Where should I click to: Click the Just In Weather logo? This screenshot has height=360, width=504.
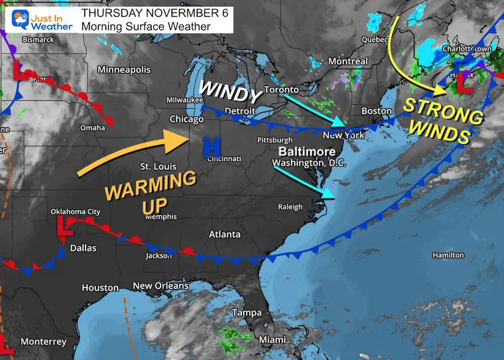38,18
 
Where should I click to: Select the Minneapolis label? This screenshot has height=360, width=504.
124,70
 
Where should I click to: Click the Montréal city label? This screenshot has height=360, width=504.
348,61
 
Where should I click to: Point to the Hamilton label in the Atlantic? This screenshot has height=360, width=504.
448,255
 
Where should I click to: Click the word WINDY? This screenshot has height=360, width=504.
232,89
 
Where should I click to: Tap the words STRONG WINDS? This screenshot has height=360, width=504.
443,121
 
